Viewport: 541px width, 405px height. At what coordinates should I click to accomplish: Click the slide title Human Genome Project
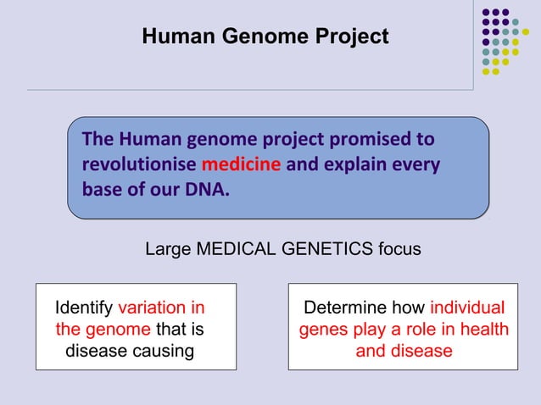[x=265, y=36]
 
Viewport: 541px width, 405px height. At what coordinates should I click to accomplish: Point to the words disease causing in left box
[x=130, y=350]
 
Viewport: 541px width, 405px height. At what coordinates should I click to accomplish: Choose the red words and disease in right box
[x=404, y=350]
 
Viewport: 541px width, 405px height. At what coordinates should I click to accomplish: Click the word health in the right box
[x=484, y=329]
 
